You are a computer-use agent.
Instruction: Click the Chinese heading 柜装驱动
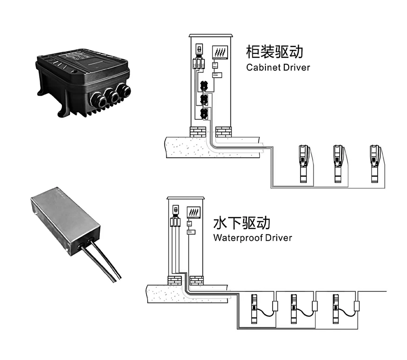coord(274,51)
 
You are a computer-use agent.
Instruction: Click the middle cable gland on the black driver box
coord(112,96)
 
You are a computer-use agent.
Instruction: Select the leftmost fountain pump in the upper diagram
coord(302,164)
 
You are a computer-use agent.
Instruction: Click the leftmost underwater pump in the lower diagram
coord(254,308)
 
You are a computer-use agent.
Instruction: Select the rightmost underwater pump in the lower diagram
coord(336,308)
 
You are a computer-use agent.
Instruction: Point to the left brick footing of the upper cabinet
coord(198,131)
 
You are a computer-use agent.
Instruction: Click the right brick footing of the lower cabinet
coord(196,280)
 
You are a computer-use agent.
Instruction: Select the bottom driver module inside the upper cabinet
coord(204,114)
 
